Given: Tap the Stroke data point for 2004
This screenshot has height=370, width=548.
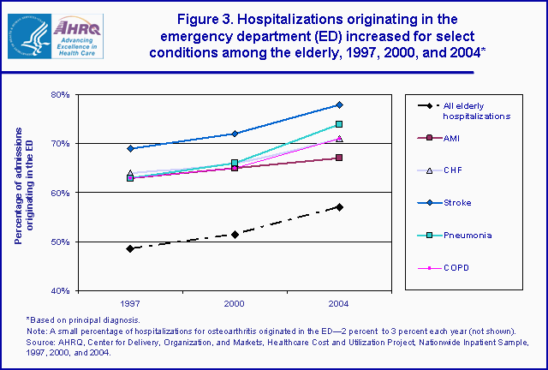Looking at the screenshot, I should pyautogui.click(x=339, y=104).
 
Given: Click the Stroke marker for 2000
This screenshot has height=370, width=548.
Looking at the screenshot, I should pyautogui.click(x=235, y=134).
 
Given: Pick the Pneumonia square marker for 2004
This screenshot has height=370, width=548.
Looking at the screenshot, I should pyautogui.click(x=339, y=124).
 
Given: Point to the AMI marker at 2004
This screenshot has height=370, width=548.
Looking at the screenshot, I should pyautogui.click(x=339, y=158).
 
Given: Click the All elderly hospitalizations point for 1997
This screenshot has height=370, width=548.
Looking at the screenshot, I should pyautogui.click(x=130, y=248).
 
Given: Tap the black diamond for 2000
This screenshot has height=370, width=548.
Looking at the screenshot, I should pyautogui.click(x=235, y=234).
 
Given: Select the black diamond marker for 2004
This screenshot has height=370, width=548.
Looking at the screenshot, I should pyautogui.click(x=339, y=207).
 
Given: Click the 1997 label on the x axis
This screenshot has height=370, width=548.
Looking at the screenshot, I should pyautogui.click(x=130, y=304).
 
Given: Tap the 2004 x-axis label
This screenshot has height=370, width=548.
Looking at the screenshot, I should pyautogui.click(x=339, y=304).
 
